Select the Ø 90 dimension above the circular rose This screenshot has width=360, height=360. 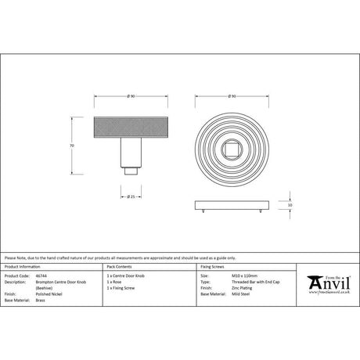click(x=231, y=96)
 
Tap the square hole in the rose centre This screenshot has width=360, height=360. click(x=231, y=146)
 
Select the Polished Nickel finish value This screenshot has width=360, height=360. click(x=48, y=293)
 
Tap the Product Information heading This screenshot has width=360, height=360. click(x=23, y=268)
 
